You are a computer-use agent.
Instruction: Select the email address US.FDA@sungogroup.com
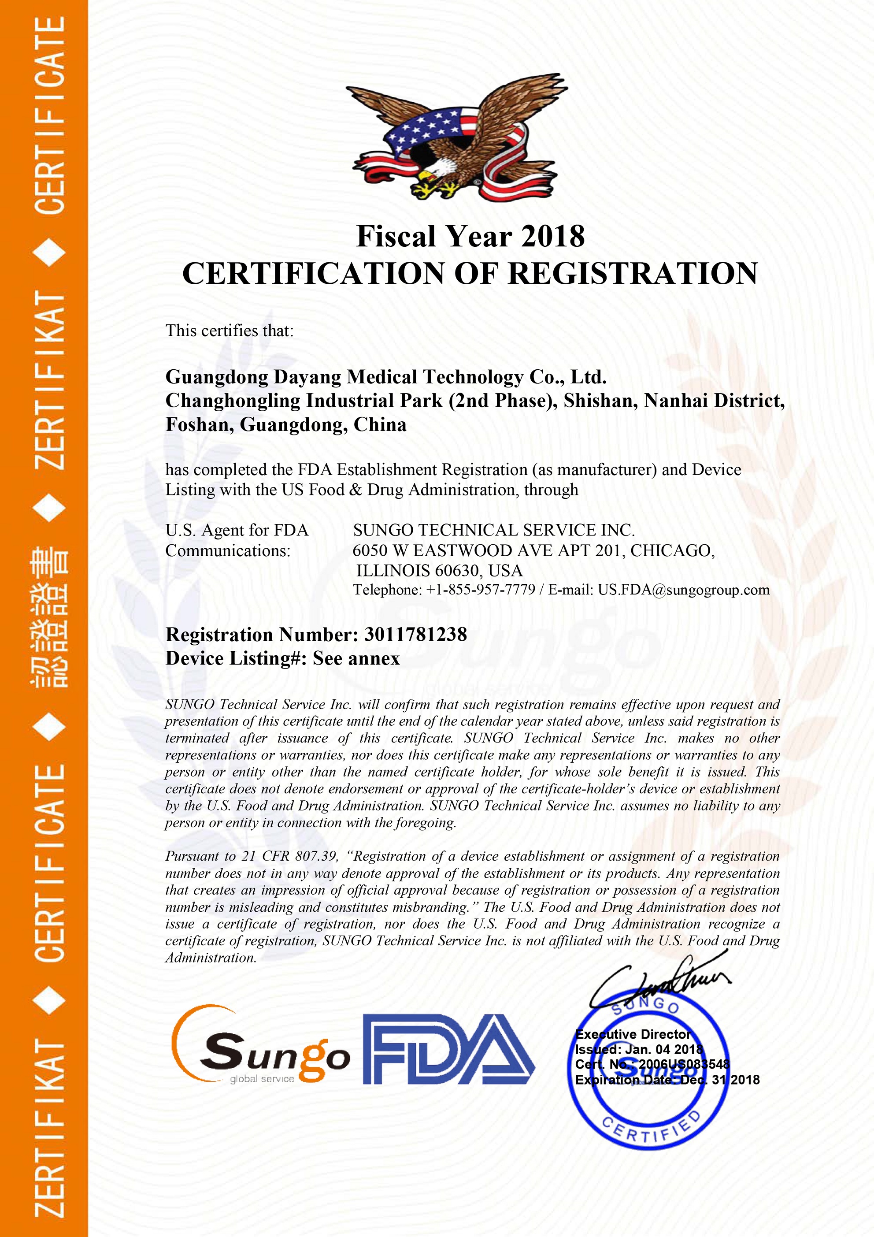click(x=683, y=590)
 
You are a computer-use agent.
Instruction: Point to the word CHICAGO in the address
click(x=671, y=550)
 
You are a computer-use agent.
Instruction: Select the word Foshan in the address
click(x=199, y=425)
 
